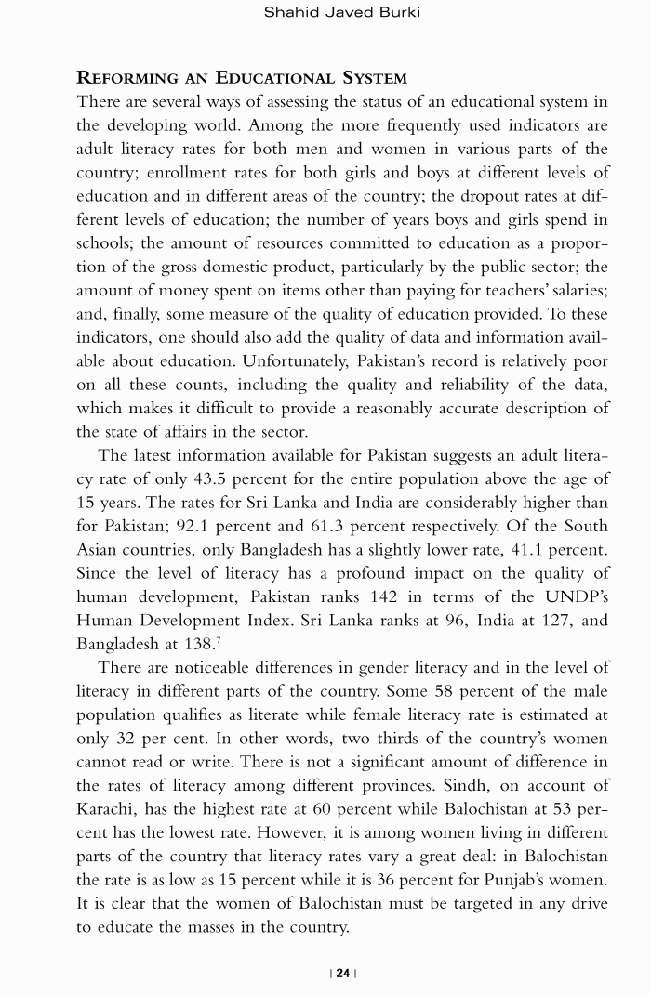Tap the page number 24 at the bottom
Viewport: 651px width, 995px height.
pos(342,973)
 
